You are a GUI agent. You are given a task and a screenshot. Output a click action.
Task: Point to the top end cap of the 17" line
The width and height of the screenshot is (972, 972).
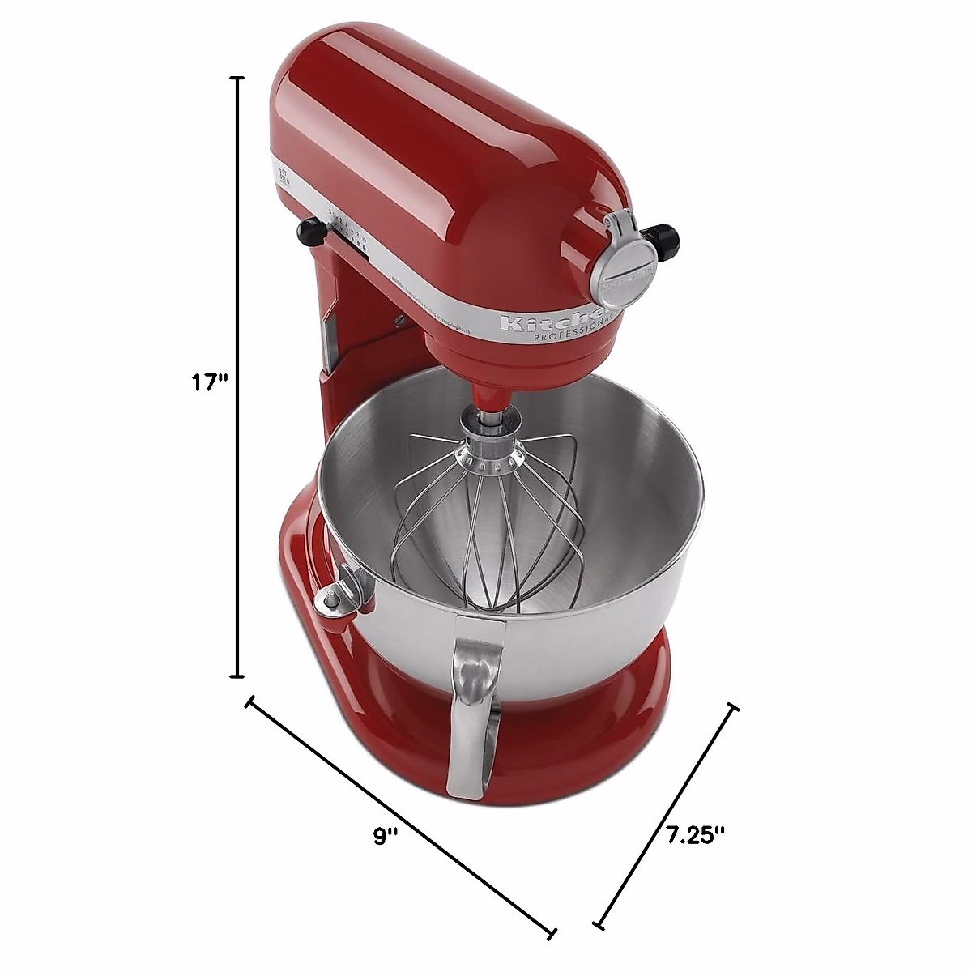(x=237, y=78)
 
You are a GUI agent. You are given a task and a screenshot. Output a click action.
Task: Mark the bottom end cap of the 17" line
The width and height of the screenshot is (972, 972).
(x=237, y=676)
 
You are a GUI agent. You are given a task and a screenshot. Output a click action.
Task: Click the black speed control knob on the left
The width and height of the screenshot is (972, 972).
(x=309, y=232)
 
